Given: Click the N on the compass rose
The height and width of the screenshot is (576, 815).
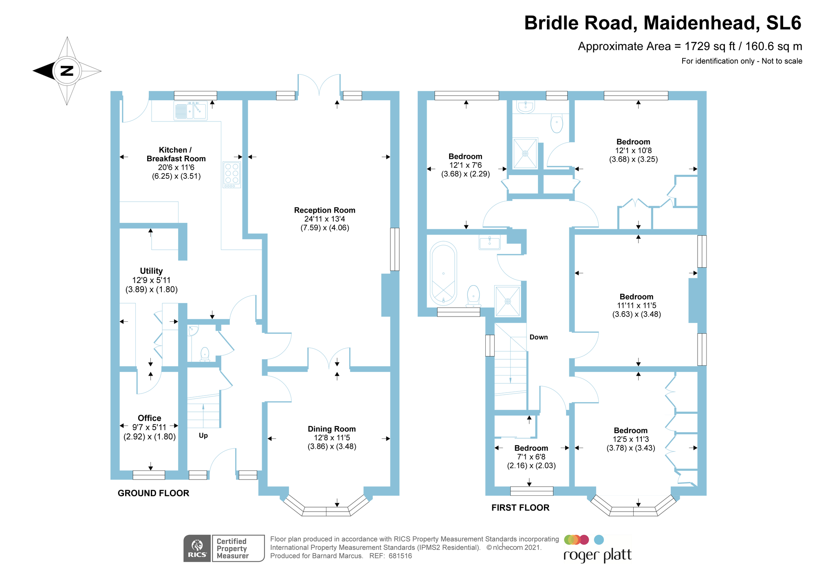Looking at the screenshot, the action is pyautogui.click(x=67, y=71).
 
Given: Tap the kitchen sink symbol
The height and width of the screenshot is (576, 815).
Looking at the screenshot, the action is pyautogui.click(x=191, y=111).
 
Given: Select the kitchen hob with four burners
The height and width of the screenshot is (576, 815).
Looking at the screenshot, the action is pyautogui.click(x=232, y=175).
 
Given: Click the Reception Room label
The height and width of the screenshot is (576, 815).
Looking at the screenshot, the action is pyautogui.click(x=325, y=210).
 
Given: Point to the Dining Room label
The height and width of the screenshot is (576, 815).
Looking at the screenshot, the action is pyautogui.click(x=332, y=429).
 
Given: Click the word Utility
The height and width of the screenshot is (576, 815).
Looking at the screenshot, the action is pyautogui.click(x=151, y=271).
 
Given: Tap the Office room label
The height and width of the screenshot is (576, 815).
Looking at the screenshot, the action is pyautogui.click(x=150, y=418).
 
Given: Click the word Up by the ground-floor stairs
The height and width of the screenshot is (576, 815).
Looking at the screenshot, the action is pyautogui.click(x=203, y=435).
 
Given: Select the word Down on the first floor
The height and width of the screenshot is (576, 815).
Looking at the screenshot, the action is pyautogui.click(x=539, y=337).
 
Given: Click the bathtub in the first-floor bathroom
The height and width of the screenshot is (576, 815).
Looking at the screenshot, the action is pyautogui.click(x=443, y=273).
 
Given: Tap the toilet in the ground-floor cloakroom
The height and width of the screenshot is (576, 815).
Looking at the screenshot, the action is pyautogui.click(x=205, y=355).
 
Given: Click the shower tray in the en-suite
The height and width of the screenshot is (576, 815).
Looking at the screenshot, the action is pyautogui.click(x=525, y=153).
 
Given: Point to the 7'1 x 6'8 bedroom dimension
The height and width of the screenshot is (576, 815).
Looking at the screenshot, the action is pyautogui.click(x=531, y=457).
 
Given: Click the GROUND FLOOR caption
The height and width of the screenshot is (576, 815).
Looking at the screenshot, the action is pyautogui.click(x=154, y=493).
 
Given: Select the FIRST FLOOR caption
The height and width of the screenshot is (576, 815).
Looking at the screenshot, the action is pyautogui.click(x=520, y=508).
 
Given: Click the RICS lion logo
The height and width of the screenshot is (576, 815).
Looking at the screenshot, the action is pyautogui.click(x=197, y=548).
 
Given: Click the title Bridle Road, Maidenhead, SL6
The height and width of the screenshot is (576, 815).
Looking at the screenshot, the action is pyautogui.click(x=663, y=23).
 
